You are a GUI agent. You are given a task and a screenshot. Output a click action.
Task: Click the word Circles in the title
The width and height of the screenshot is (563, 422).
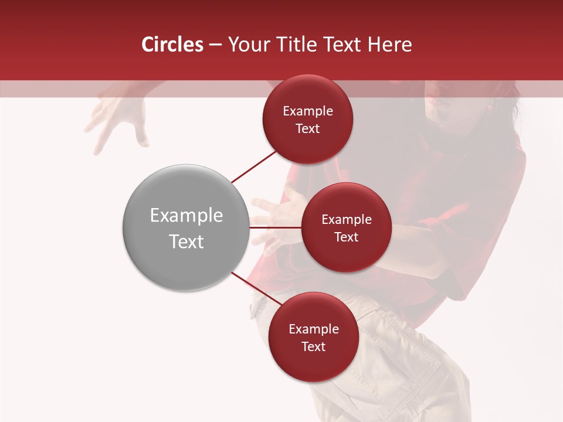(172, 45)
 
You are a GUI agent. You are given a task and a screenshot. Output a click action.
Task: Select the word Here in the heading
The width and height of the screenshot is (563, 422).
(390, 45)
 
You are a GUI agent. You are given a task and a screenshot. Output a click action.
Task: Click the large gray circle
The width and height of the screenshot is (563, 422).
(186, 227)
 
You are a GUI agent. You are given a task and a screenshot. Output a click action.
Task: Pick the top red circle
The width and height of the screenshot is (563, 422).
(307, 119)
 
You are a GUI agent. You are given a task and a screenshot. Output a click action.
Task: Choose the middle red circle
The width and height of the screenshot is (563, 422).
(346, 227)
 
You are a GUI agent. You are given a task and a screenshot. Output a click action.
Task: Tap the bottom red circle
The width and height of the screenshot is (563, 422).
(313, 337)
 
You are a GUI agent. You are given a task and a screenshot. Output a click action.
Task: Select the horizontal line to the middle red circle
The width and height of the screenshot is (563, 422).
(275, 227)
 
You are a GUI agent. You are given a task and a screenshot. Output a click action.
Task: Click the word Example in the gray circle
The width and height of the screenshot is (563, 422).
(186, 216)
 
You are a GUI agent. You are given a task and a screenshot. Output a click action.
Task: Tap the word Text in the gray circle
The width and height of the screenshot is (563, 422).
(186, 241)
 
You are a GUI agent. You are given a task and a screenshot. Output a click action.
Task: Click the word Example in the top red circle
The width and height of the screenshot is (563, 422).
(307, 111)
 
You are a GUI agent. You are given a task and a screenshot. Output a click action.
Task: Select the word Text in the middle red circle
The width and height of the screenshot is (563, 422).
(346, 237)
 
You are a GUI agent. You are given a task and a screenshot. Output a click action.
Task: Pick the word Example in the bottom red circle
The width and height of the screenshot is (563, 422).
(313, 329)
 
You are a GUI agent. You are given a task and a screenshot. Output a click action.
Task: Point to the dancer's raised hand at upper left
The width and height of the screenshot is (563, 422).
(117, 117)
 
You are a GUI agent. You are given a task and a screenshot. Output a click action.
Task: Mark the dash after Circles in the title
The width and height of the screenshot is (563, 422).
(215, 45)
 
